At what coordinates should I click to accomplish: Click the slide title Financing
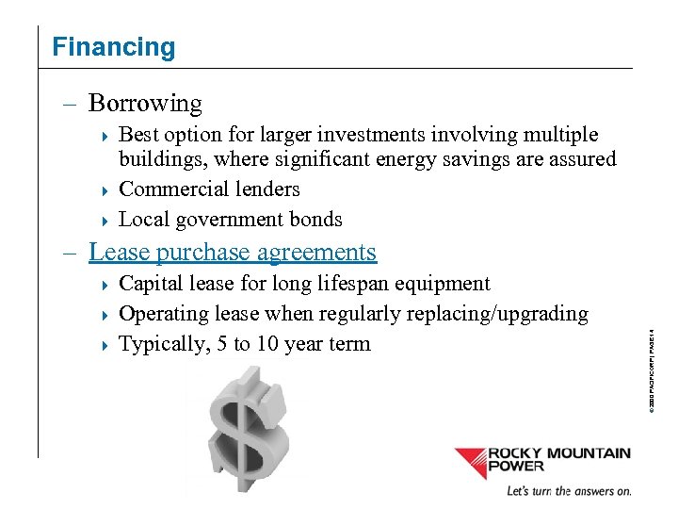[113, 47]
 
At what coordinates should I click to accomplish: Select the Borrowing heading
[145, 103]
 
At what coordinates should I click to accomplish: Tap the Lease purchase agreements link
[232, 252]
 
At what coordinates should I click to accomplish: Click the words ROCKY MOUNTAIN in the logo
[558, 453]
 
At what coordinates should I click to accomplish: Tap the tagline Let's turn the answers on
[569, 491]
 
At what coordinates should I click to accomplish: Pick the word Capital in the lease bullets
[153, 284]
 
